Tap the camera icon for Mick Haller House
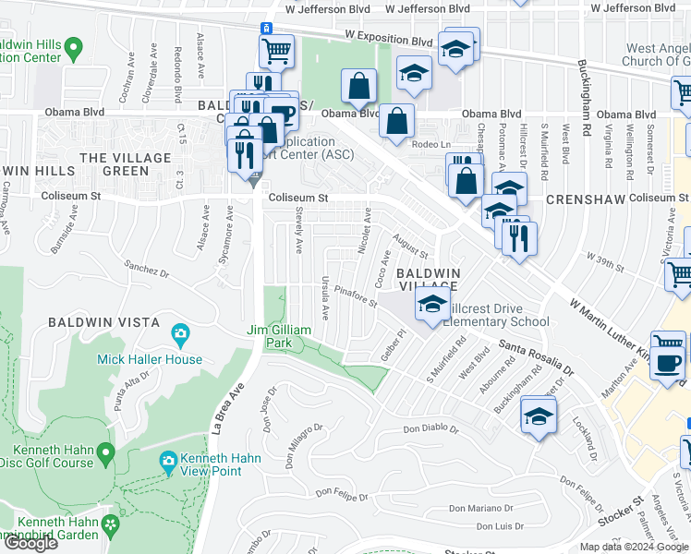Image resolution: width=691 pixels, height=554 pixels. pyautogui.click(x=181, y=331)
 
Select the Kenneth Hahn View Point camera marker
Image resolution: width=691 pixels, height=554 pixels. pyautogui.click(x=168, y=459)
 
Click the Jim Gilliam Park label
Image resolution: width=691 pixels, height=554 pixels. pyautogui.click(x=282, y=336)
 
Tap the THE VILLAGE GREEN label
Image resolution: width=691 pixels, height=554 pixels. pyautogui.click(x=114, y=164)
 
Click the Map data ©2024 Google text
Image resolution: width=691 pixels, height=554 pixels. pyautogui.click(x=634, y=547)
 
